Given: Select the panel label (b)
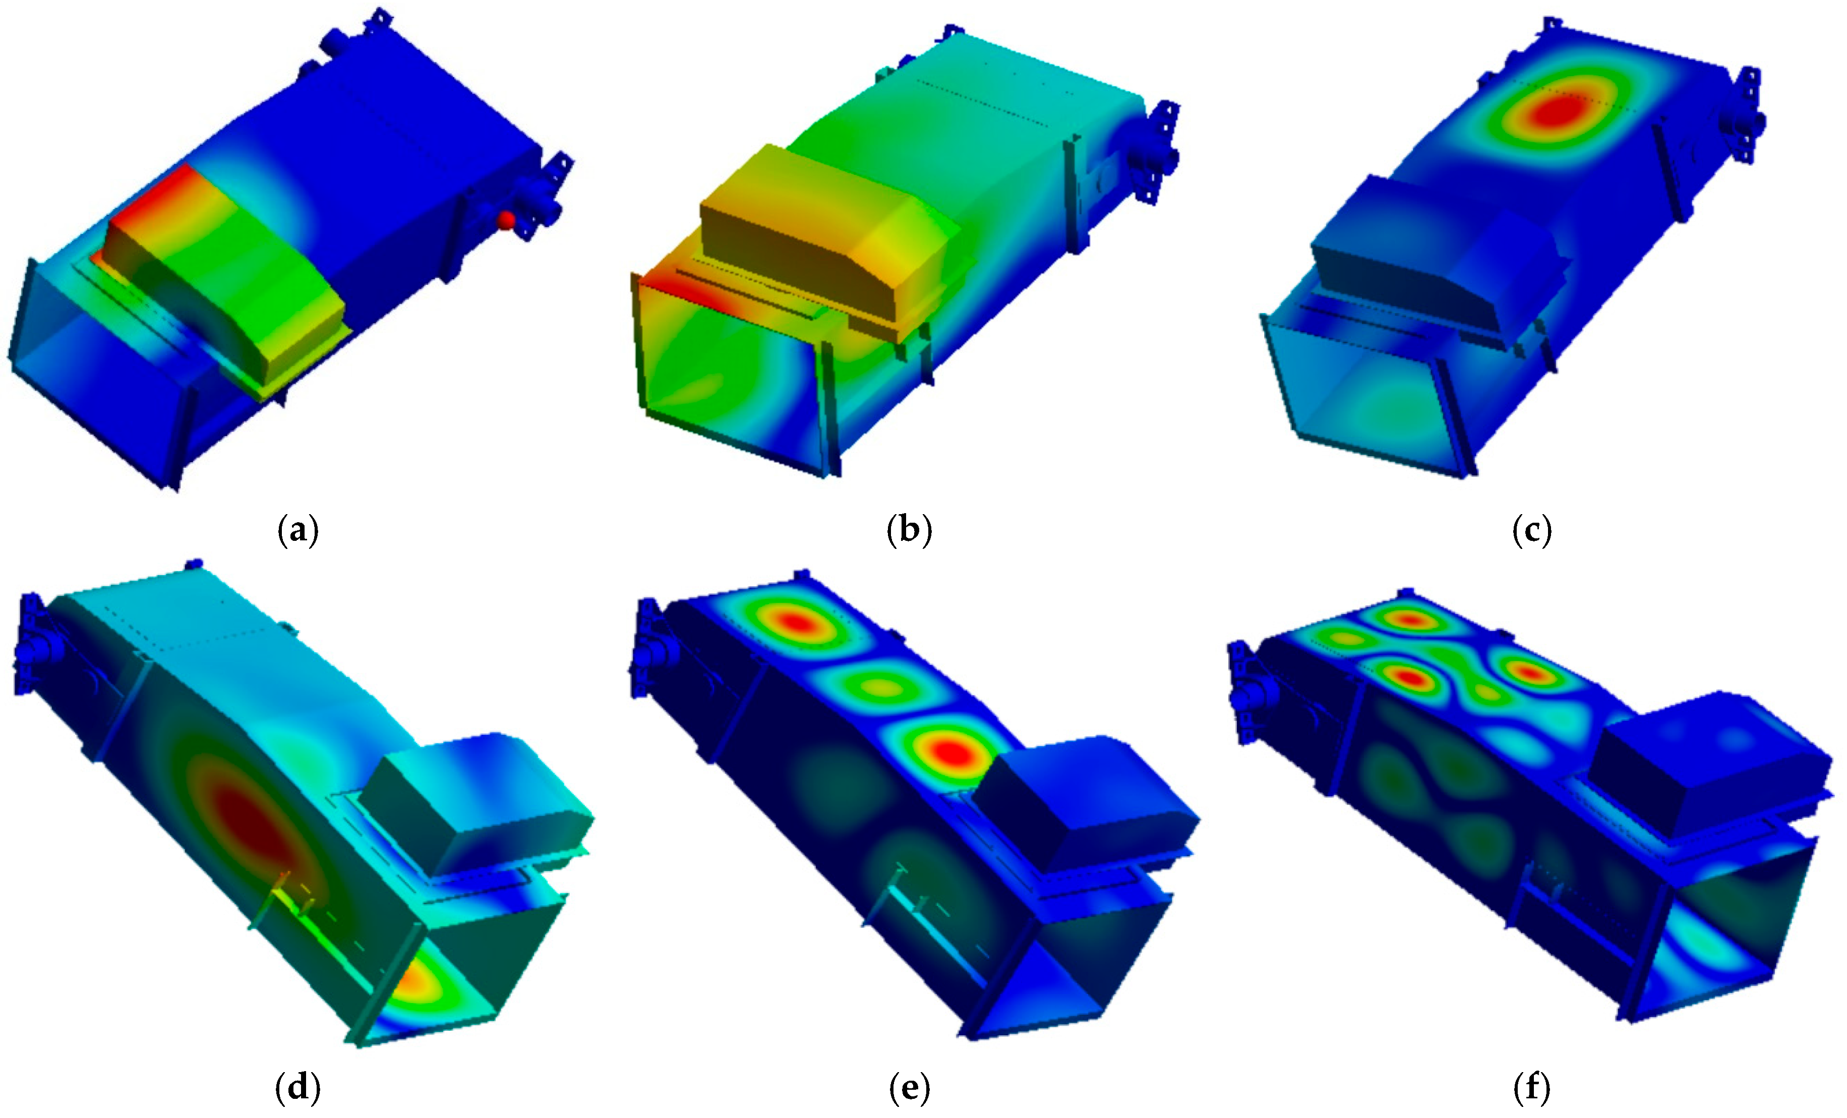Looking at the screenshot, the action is (x=909, y=531).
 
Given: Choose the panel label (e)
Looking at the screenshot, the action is (x=909, y=1087).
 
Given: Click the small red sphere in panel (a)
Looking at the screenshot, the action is (x=507, y=220).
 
